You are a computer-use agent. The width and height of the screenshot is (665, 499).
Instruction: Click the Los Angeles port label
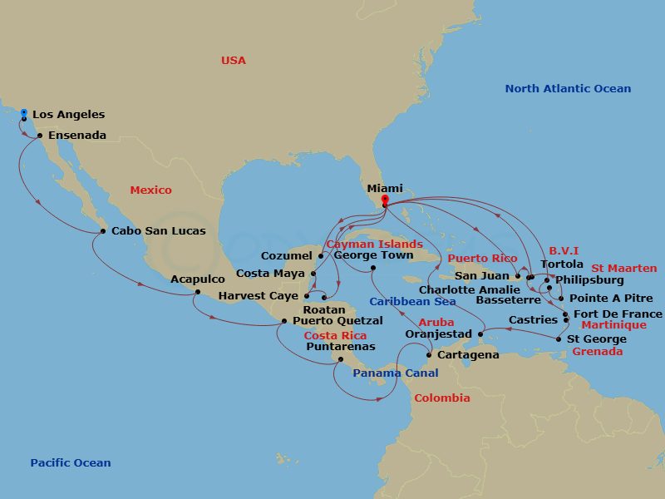tap(68, 115)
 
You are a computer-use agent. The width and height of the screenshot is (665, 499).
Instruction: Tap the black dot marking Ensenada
tap(40, 136)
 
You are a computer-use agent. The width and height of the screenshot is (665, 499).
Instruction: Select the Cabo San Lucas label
tap(158, 231)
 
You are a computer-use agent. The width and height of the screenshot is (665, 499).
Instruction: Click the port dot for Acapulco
tap(197, 292)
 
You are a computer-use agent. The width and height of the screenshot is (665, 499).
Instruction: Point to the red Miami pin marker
tap(384, 200)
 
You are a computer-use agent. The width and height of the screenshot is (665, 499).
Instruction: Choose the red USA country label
tap(234, 61)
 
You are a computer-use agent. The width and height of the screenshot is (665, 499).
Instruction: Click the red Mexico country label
tap(150, 190)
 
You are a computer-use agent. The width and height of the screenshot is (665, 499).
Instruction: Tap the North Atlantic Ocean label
tap(568, 89)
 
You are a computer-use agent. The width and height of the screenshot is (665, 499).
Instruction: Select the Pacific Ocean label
tap(70, 463)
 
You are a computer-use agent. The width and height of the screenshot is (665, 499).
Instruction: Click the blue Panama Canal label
tap(395, 373)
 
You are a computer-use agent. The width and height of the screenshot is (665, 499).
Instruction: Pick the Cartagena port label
tap(468, 355)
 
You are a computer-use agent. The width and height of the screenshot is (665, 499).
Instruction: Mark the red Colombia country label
tap(441, 398)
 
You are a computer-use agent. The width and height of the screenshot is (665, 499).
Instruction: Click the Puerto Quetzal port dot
tap(284, 321)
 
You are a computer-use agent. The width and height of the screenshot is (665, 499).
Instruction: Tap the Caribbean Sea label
tap(412, 302)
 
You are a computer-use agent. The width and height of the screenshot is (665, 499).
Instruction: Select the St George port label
tap(597, 338)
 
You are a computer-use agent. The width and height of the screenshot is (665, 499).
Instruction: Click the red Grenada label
tap(597, 352)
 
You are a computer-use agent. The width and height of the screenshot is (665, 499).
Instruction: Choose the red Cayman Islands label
tap(374, 245)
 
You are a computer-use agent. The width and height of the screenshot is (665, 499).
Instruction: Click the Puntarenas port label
tap(340, 347)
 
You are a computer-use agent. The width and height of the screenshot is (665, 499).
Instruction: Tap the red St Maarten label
tap(623, 269)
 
